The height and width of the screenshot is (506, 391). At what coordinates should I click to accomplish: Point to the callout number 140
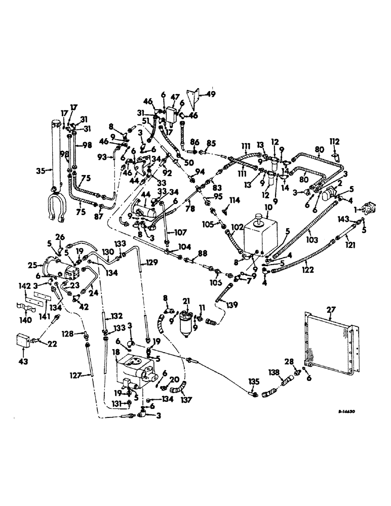(25, 319)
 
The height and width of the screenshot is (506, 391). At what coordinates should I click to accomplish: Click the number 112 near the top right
(335, 141)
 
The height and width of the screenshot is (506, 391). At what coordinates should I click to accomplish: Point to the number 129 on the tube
(153, 262)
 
